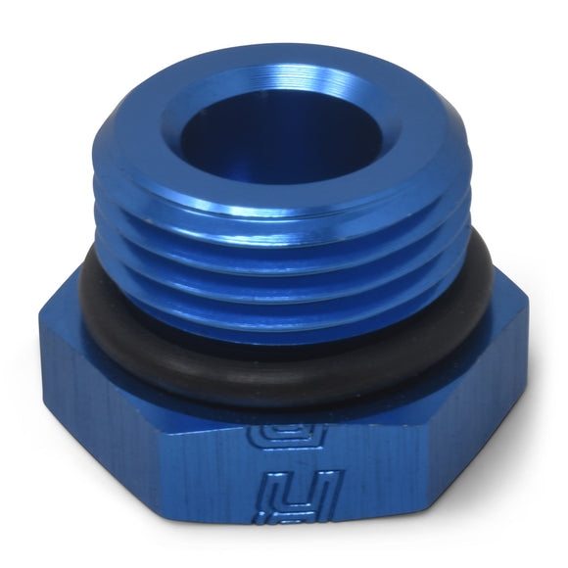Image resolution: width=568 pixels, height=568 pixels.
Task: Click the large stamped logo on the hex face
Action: (x=300, y=495)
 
